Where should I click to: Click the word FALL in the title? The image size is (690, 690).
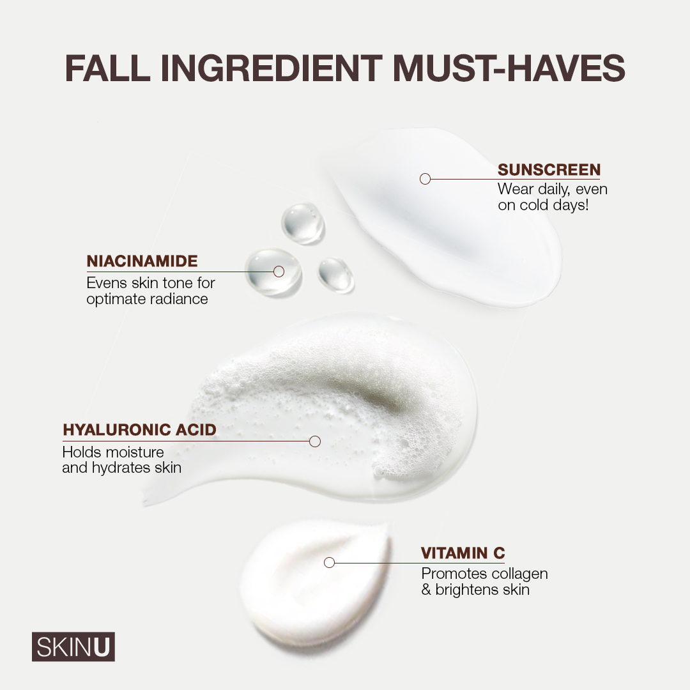tap(108, 68)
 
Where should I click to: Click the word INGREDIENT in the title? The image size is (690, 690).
tap(272, 68)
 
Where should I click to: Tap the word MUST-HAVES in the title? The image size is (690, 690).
tap(509, 68)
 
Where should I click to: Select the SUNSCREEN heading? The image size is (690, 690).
tap(549, 169)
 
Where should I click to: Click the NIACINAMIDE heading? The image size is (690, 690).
tap(142, 261)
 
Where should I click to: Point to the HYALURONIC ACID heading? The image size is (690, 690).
tap(139, 429)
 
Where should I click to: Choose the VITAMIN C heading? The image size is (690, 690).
tap(463, 553)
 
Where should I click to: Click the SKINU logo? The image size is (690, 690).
tap(73, 647)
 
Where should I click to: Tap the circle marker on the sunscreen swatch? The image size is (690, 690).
tap(425, 179)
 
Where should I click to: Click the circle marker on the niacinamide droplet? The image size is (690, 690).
tap(279, 272)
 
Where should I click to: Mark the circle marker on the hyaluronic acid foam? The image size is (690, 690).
tap(315, 441)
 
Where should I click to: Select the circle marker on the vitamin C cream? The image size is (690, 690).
tap(329, 562)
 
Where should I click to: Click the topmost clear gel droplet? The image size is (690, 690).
tap(303, 223)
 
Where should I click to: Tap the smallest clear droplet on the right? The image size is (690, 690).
tap(336, 275)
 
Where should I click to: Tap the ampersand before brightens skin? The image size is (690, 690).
tap(426, 590)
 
